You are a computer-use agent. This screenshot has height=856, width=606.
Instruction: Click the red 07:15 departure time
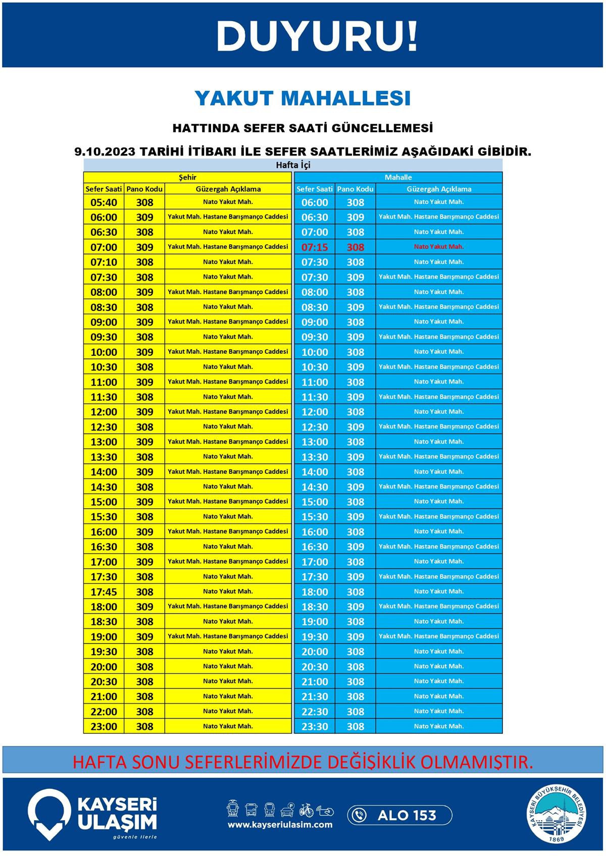click(x=315, y=247)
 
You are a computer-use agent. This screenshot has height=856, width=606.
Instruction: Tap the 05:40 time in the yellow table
click(x=104, y=202)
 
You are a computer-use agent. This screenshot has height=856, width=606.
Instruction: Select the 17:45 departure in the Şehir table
click(x=104, y=592)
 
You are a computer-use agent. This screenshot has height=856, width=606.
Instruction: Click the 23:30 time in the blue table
click(x=315, y=726)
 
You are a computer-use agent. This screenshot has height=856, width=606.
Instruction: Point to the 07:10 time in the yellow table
click(x=104, y=262)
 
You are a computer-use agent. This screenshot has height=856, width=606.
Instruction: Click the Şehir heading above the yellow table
click(x=187, y=177)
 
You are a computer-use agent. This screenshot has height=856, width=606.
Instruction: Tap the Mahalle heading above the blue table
click(x=398, y=177)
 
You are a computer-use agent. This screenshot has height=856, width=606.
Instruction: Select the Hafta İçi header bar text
click(x=293, y=165)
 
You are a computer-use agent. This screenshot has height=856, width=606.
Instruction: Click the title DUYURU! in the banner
click(x=317, y=36)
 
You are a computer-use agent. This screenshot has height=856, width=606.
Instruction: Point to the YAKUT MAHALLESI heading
click(x=302, y=98)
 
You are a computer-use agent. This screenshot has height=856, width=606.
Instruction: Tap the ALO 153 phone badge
click(x=399, y=815)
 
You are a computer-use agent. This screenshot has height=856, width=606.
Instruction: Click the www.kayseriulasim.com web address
click(x=280, y=825)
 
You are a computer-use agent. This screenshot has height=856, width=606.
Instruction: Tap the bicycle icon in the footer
click(x=306, y=810)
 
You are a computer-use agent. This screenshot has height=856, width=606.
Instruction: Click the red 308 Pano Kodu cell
click(x=356, y=247)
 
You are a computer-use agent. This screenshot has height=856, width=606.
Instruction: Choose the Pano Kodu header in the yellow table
click(x=144, y=189)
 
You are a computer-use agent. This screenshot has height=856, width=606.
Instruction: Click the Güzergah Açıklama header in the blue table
click(x=439, y=189)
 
